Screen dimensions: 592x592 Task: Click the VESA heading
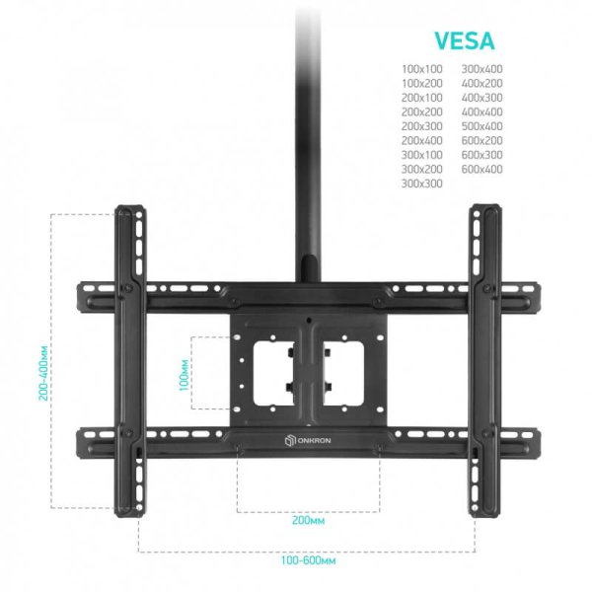click(465, 40)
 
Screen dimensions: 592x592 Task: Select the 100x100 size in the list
click(421, 69)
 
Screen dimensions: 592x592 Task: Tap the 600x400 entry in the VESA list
click(481, 169)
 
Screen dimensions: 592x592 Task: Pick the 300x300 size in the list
click(421, 184)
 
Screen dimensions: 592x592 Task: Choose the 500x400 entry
click(481, 126)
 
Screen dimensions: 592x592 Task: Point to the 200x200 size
click(421, 111)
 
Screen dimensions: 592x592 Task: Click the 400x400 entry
click(481, 111)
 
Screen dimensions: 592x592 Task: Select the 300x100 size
click(421, 155)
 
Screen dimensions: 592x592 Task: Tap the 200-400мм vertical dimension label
click(43, 373)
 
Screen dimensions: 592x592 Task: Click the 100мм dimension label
click(184, 375)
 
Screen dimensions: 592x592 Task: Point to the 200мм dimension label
click(308, 520)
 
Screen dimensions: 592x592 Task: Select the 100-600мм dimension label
click(308, 560)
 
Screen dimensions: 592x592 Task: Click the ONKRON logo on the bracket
click(308, 441)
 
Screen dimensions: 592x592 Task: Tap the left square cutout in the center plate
click(274, 373)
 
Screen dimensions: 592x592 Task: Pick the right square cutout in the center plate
click(343, 373)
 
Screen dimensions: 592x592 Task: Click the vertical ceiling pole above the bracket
click(308, 143)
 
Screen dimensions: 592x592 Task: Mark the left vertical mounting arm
click(130, 361)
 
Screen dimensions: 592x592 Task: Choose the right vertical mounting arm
click(485, 361)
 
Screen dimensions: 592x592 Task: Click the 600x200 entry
click(481, 140)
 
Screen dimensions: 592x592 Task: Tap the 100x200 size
click(421, 84)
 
